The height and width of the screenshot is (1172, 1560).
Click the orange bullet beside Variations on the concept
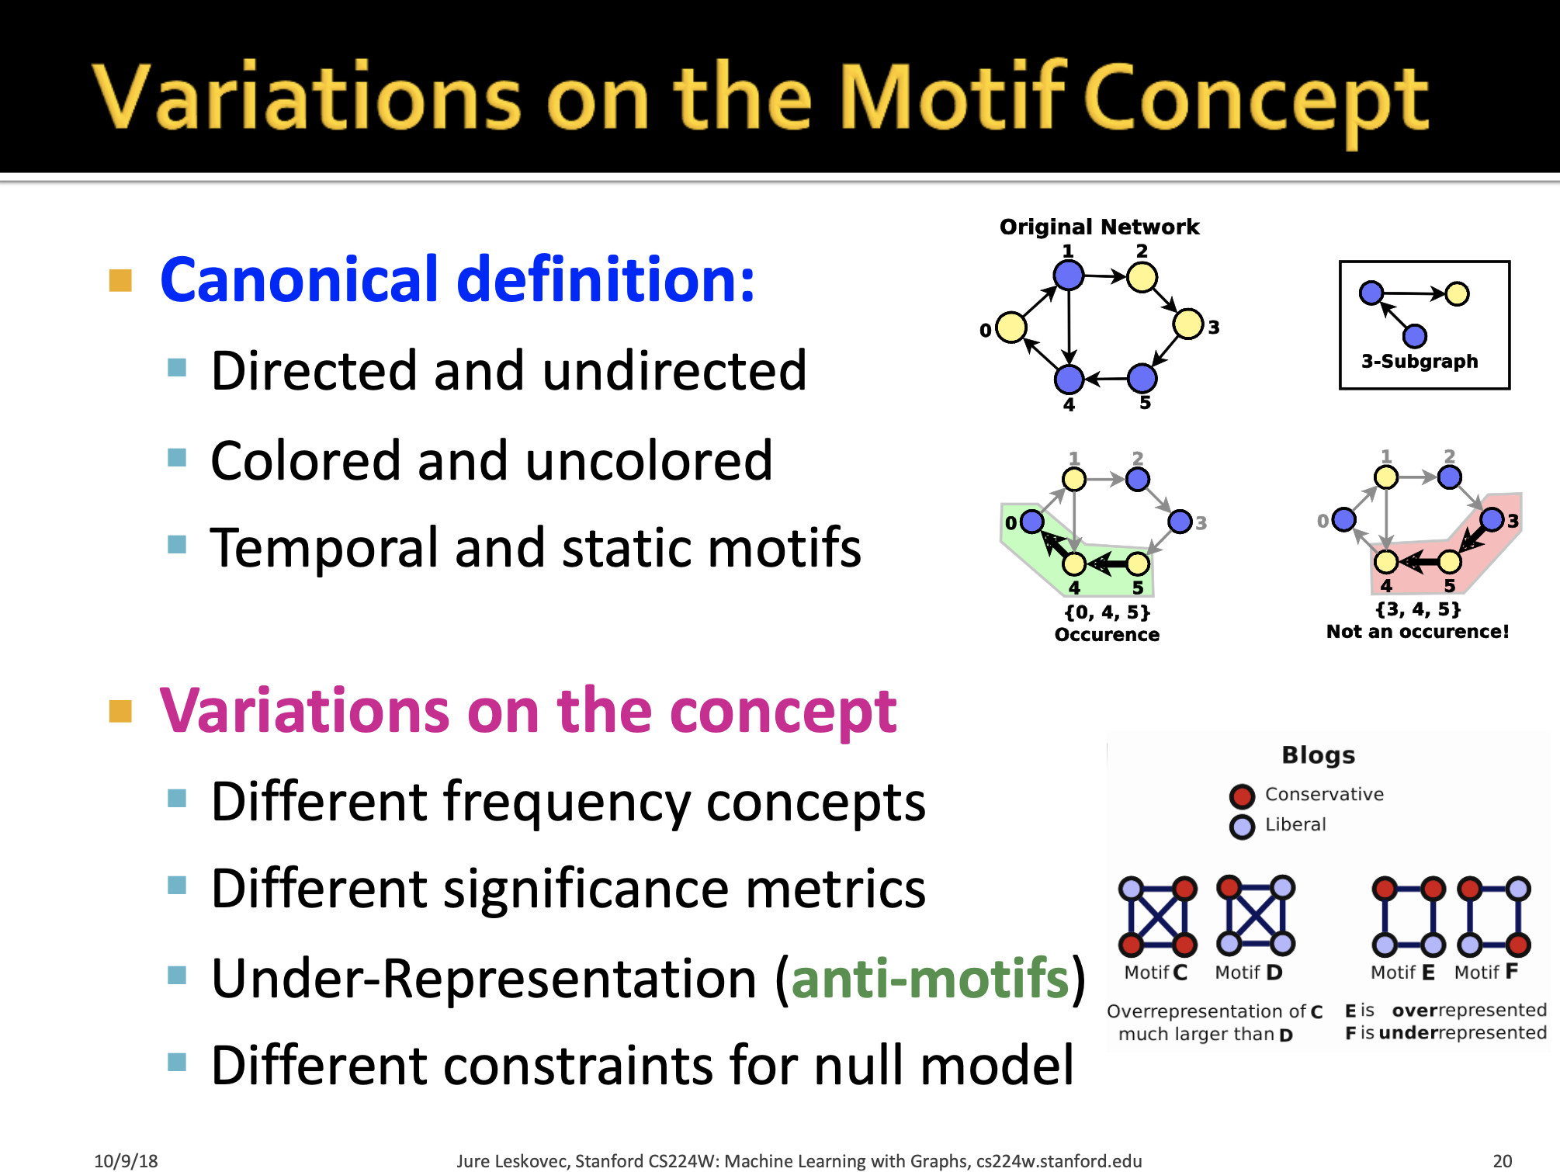pos(120,711)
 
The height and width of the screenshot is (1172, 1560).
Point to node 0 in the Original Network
pos(1011,328)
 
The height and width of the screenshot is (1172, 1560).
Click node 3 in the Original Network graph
pos(1187,324)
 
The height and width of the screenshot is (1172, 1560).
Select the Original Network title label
pos(1099,227)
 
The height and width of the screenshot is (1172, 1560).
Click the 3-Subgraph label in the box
pos(1420,361)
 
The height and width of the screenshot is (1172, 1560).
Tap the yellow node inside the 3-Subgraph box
pos(1457,294)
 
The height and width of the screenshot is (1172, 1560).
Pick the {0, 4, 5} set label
pos(1107,612)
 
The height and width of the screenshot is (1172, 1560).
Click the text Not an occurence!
pos(1417,632)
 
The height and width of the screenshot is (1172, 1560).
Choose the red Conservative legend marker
pos(1242,796)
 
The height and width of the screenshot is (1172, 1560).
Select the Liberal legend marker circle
pos(1242,827)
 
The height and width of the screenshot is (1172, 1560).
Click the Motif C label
pos(1156,973)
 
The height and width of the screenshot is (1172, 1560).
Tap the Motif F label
pos(1485,972)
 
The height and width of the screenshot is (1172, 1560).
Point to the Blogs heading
pos(1318,755)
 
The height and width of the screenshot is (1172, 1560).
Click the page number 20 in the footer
pos(1503,1161)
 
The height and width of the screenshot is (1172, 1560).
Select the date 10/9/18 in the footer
pos(126,1161)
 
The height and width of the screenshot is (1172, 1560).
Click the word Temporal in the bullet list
pos(323,548)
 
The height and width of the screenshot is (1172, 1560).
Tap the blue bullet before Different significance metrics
pos(177,885)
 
